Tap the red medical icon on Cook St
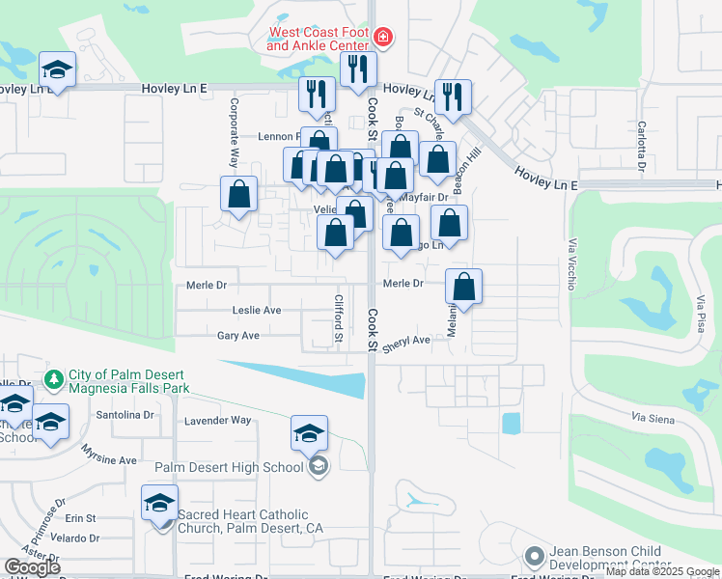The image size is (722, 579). (x=383, y=38)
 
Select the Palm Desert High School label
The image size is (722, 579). (x=229, y=468)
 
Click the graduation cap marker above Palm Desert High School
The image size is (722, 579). (x=309, y=434)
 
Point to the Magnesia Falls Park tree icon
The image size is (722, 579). (x=54, y=376)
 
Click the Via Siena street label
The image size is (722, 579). (x=652, y=418)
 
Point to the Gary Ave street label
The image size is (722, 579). (x=238, y=336)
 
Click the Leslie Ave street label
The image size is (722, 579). (x=256, y=311)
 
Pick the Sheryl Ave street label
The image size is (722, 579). (x=405, y=341)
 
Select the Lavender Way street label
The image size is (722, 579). (x=217, y=421)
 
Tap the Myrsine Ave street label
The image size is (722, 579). (x=109, y=459)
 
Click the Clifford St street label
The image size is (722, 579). (x=339, y=319)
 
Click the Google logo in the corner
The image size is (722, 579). (x=32, y=567)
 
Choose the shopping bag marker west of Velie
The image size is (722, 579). (x=238, y=194)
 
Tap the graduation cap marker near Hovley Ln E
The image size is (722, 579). (x=58, y=70)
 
